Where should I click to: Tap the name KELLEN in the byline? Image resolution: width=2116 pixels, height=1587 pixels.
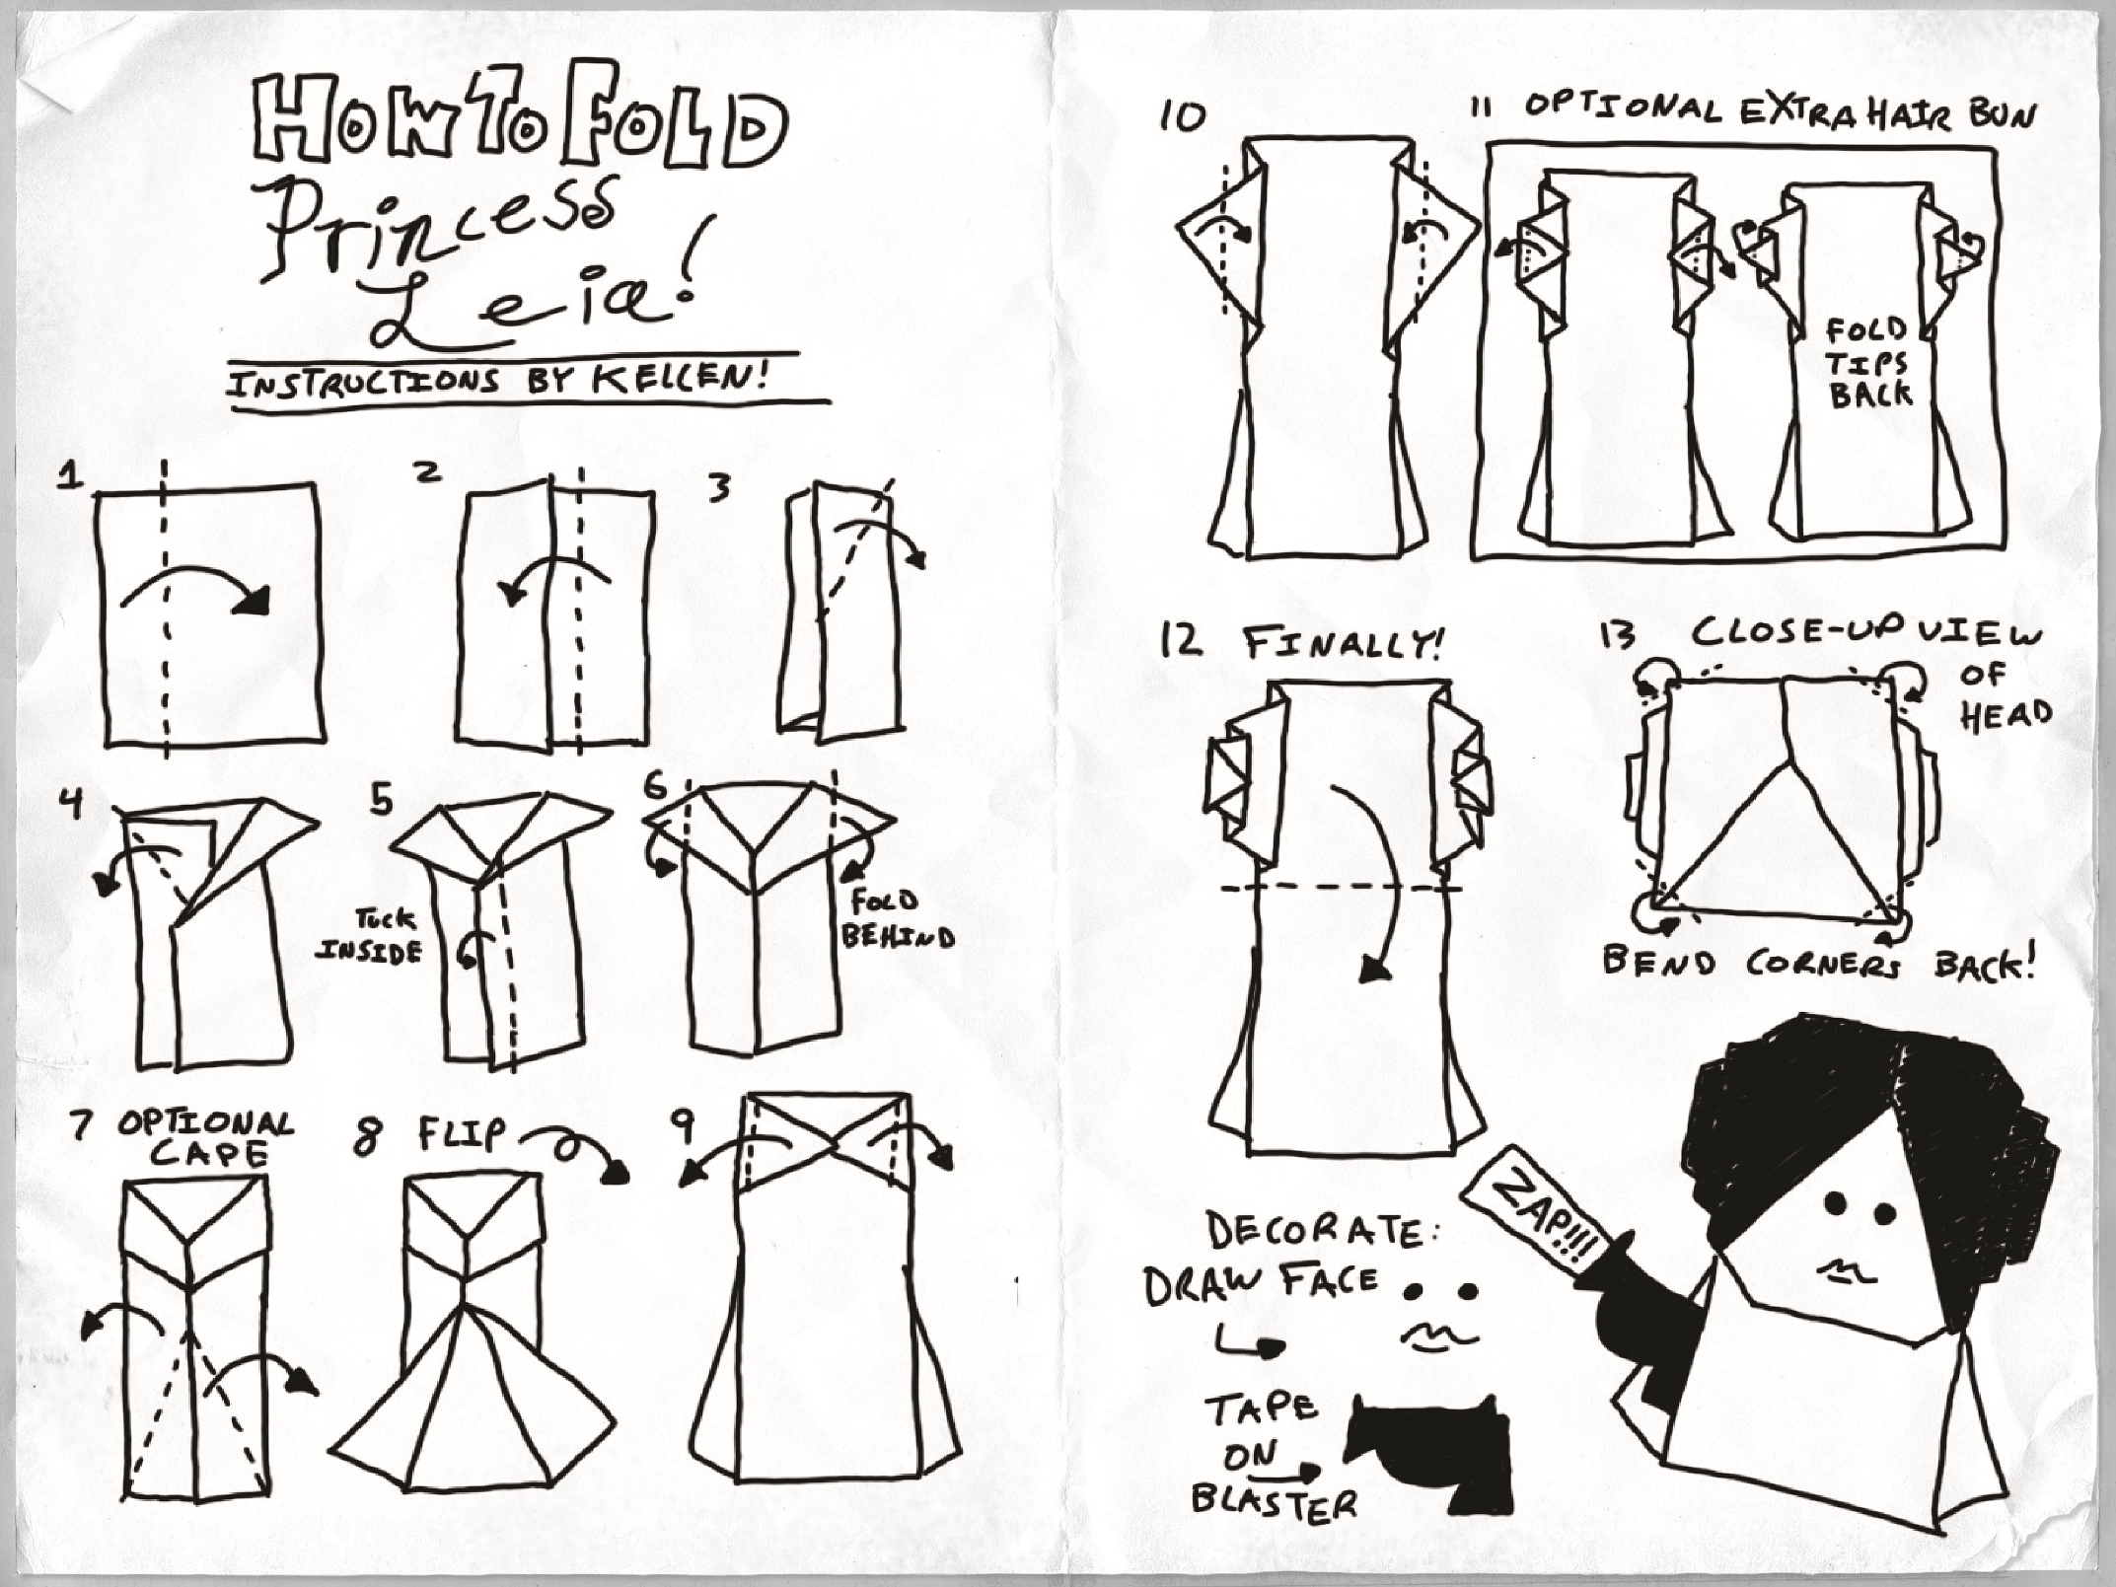(687, 381)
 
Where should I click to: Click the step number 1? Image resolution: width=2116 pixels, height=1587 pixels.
(70, 476)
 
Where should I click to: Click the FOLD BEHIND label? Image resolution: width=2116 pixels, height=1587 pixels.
(897, 918)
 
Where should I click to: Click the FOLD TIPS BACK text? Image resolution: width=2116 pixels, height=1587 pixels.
(1868, 362)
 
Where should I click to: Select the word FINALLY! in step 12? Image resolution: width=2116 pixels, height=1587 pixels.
(1342, 645)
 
